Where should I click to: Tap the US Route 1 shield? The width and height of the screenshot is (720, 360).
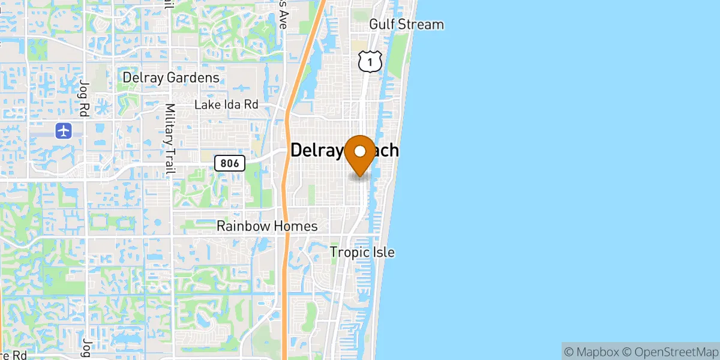click(x=369, y=61)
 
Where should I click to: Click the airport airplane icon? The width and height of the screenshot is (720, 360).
click(x=64, y=130)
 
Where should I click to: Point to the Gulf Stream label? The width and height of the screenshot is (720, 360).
click(x=406, y=25)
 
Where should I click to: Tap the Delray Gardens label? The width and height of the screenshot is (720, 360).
click(x=171, y=78)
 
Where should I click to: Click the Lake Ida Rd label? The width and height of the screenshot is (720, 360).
click(x=226, y=105)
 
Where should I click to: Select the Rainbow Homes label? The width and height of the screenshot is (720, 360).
click(x=267, y=226)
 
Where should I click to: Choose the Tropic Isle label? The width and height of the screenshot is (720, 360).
click(x=362, y=252)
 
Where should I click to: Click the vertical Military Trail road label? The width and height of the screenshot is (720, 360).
click(x=170, y=139)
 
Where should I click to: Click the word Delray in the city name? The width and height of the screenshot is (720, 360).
click(x=318, y=150)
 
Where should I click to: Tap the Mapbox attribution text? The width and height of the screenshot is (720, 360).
click(x=590, y=350)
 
